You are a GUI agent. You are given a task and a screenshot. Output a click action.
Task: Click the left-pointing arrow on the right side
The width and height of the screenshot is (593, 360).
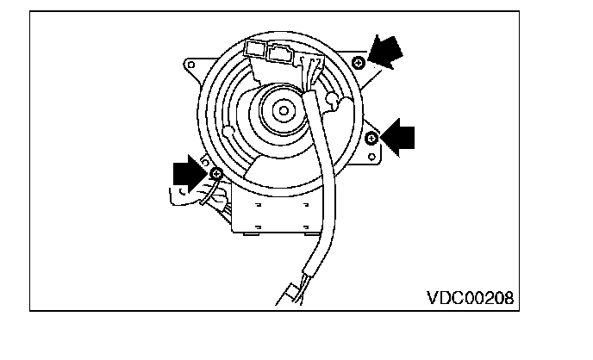click(399, 136)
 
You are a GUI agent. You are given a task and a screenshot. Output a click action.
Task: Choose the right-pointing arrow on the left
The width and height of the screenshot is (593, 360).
click(190, 173)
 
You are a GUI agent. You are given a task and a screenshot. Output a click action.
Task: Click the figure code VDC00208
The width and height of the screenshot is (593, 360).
click(470, 298)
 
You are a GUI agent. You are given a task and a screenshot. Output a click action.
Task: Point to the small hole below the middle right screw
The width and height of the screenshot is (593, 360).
click(374, 157)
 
